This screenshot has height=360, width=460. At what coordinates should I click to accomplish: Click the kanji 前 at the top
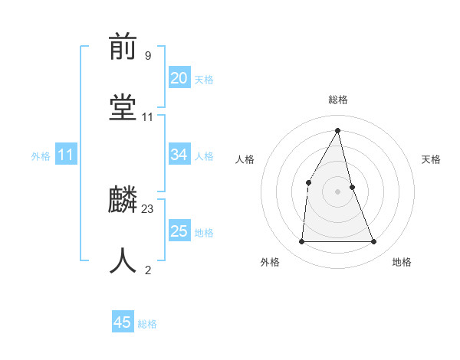click(123, 48)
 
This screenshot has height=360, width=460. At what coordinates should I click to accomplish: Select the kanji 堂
click(123, 107)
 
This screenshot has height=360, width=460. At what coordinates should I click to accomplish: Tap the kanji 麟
click(123, 201)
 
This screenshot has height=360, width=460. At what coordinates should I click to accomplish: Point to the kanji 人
click(123, 260)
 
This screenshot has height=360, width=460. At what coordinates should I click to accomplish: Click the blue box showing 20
click(179, 78)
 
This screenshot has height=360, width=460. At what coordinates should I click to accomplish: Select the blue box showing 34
click(179, 155)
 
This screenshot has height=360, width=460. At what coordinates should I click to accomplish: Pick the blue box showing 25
click(179, 231)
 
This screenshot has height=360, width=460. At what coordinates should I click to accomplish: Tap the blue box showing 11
click(65, 155)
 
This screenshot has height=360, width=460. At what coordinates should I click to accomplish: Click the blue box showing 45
click(123, 322)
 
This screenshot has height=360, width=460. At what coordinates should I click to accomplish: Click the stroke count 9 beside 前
click(148, 55)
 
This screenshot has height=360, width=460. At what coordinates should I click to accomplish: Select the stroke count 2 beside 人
click(148, 269)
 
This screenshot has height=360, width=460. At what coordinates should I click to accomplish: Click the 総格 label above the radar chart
click(338, 100)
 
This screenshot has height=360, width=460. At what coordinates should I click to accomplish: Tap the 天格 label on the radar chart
click(431, 159)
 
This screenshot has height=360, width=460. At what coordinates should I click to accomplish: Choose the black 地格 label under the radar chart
click(402, 262)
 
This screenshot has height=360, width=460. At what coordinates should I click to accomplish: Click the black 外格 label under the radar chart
click(270, 262)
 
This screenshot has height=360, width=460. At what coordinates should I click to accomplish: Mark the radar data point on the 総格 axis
click(338, 131)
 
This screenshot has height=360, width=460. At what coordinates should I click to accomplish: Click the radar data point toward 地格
click(374, 242)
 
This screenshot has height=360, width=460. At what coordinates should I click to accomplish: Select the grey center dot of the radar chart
click(337, 191)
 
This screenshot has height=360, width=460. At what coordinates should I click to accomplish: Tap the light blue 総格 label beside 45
click(147, 324)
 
